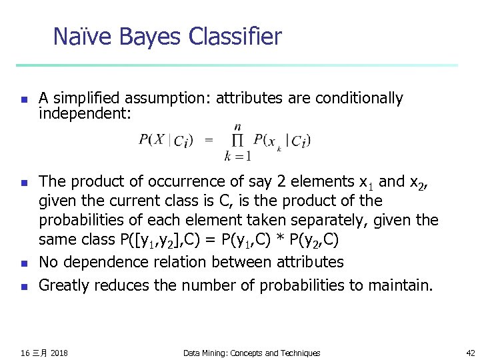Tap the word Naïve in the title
83,37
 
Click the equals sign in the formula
209,140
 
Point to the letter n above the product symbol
238,127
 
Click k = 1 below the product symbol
238,157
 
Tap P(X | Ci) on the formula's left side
166,141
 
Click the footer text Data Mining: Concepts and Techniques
252,353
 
